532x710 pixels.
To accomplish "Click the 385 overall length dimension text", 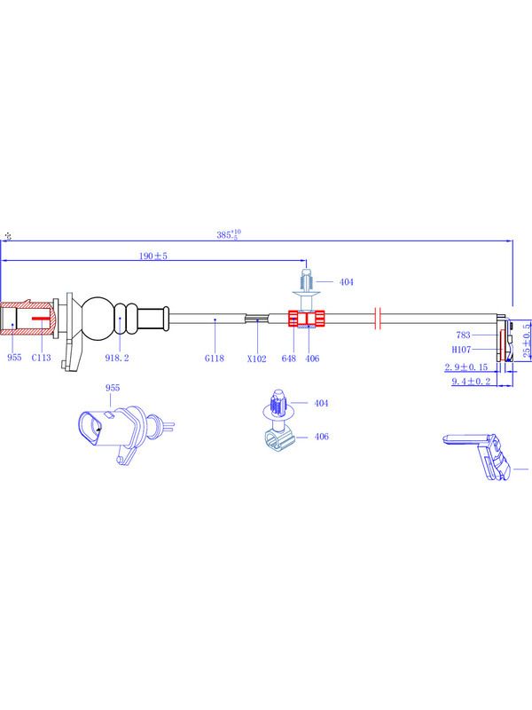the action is pos(229,234).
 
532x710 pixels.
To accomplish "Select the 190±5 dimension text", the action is pos(153,256).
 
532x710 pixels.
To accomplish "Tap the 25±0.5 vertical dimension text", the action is pos(527,341).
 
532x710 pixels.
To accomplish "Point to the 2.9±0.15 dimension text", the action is pos(466,367).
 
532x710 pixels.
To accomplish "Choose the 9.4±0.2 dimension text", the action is pos(471,382).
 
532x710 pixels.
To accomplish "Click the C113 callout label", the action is pos(41,358).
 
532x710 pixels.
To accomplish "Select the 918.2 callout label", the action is pos(117,358).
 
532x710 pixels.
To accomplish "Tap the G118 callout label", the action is pos(215,359).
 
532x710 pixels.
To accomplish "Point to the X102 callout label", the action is pos(257,359).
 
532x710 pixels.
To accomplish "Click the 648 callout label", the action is pos(289,359).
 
